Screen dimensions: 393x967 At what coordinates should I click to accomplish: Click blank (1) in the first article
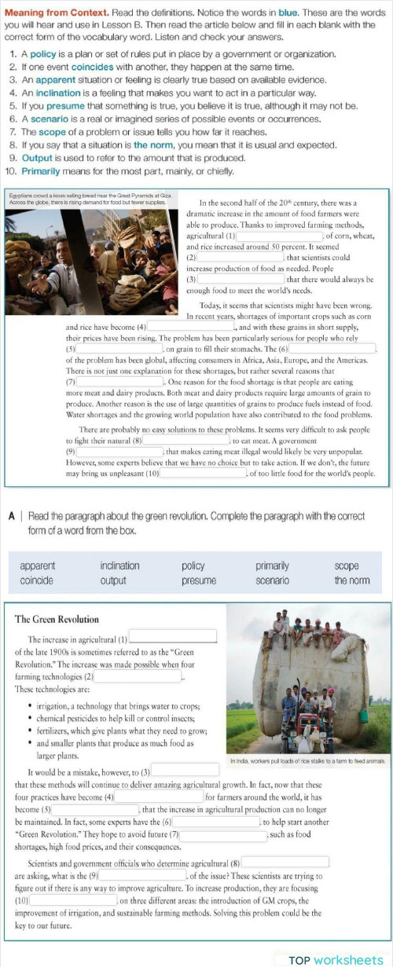[280, 235]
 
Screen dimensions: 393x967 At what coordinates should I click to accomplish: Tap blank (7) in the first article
[119, 381]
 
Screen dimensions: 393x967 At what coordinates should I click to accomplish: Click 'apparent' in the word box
[38, 566]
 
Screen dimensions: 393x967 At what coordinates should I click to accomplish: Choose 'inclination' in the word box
[119, 566]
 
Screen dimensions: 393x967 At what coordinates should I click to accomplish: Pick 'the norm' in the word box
[351, 581]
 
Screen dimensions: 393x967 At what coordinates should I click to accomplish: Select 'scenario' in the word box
[273, 581]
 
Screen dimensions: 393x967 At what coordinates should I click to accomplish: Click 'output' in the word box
[113, 581]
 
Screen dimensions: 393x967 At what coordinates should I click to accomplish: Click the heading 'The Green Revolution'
[57, 619]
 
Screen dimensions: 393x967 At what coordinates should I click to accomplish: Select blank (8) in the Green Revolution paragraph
[285, 862]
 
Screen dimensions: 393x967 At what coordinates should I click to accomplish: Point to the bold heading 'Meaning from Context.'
[47, 13]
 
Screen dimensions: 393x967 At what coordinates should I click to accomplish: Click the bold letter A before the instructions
[13, 517]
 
